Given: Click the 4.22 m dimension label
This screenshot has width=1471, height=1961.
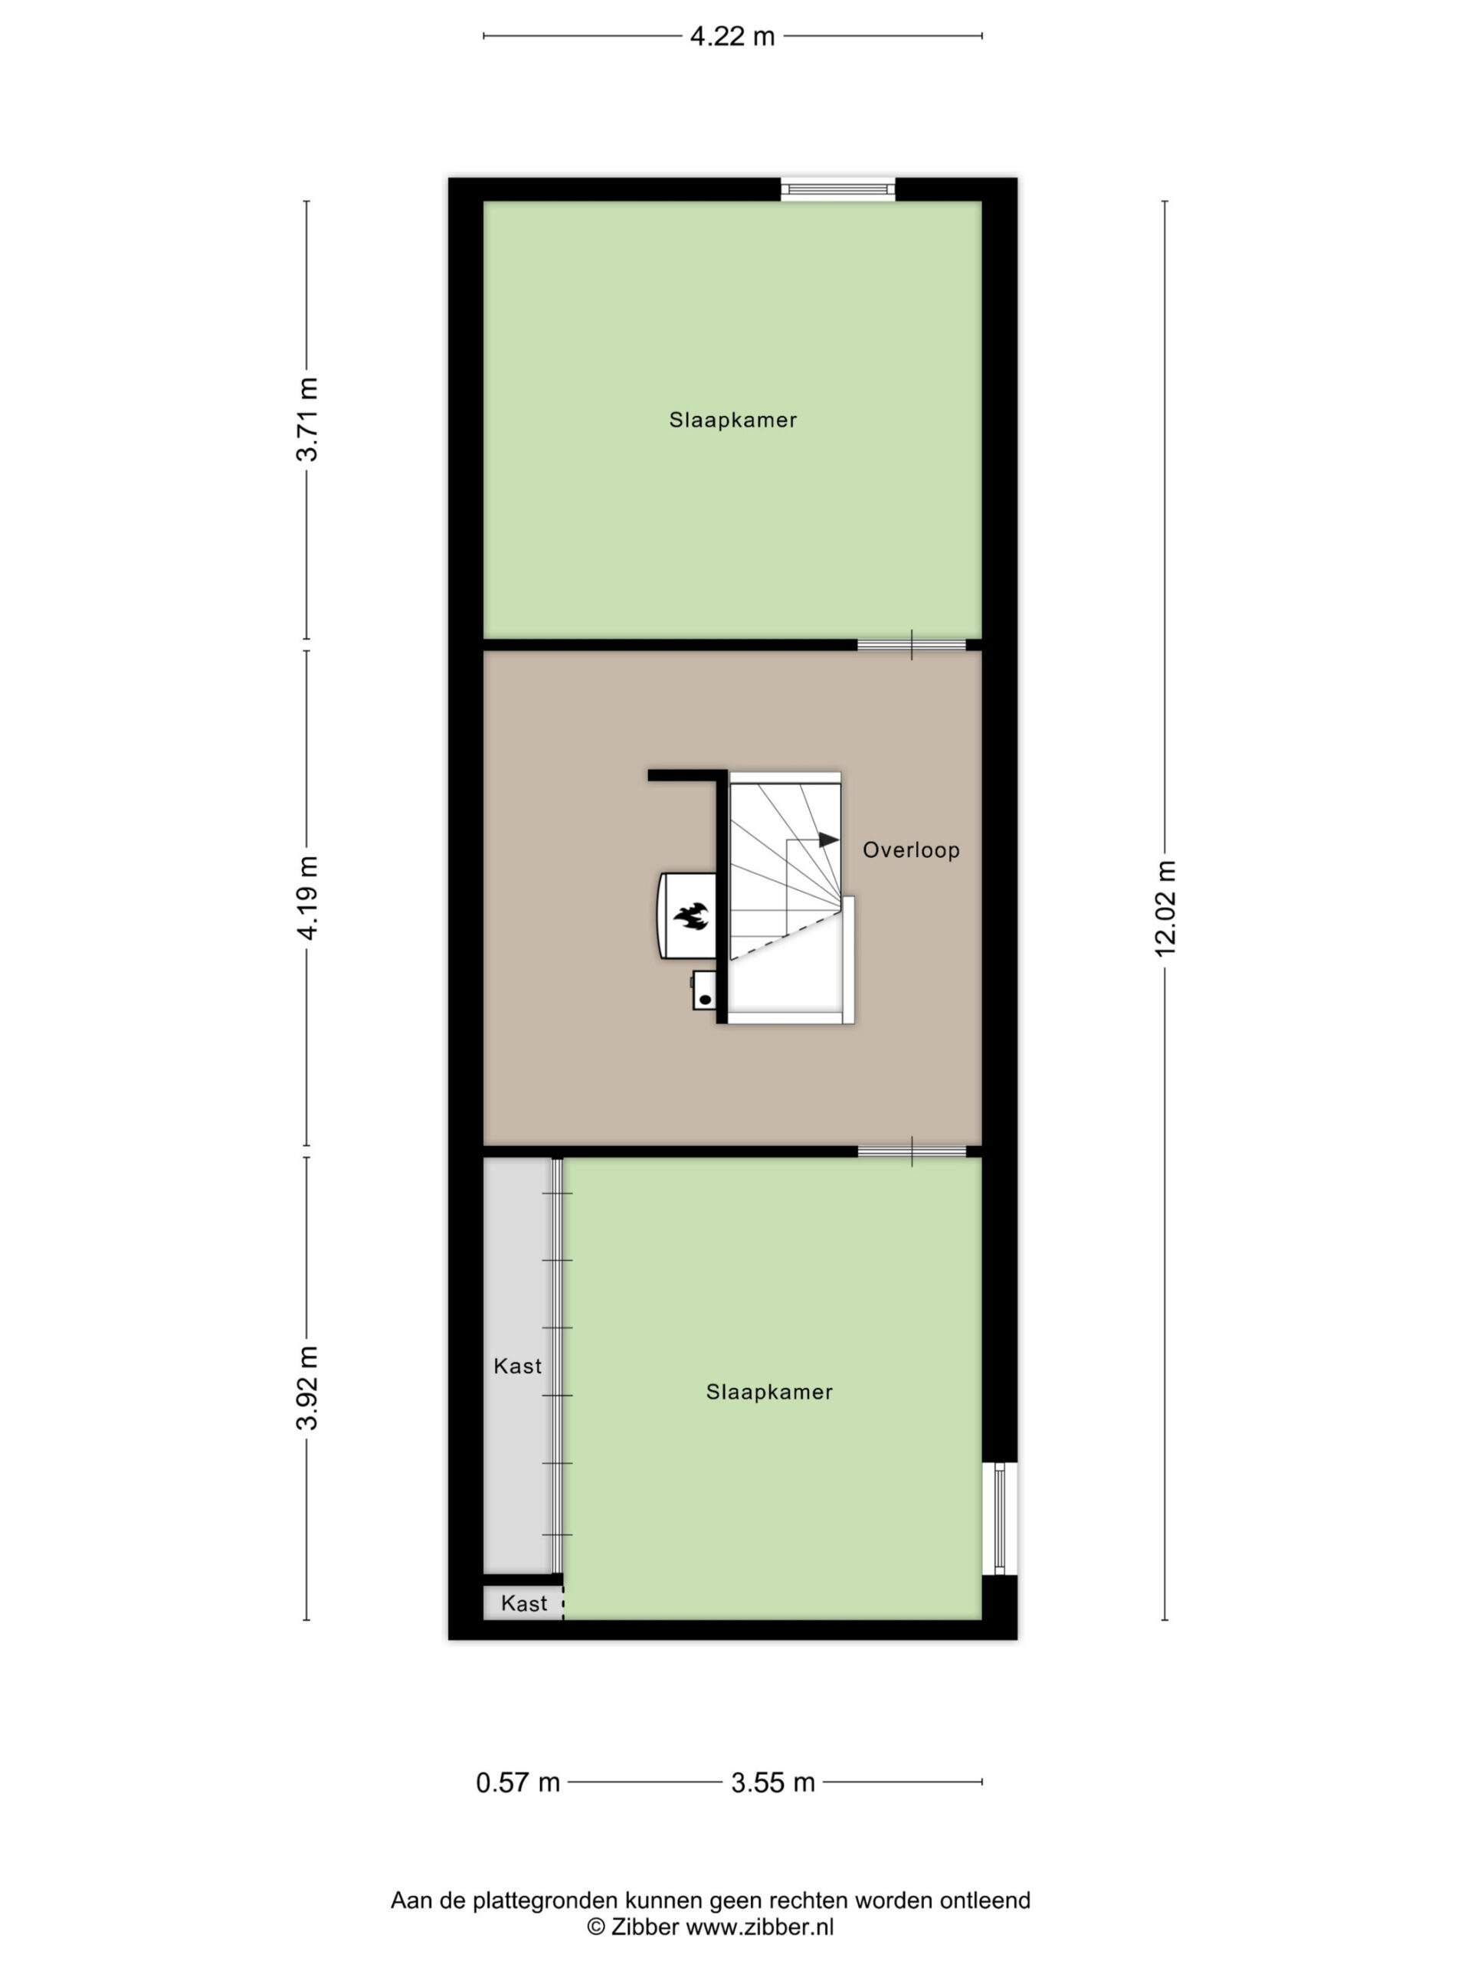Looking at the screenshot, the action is [732, 36].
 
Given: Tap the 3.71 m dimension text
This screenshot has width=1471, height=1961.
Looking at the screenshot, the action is [306, 419].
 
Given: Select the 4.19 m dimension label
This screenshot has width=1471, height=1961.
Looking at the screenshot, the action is [306, 898].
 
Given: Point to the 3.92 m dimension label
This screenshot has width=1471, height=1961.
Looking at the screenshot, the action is [306, 1387].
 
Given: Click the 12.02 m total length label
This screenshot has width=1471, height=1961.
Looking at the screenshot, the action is [1165, 908].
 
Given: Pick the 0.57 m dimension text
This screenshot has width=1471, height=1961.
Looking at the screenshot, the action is [518, 1782].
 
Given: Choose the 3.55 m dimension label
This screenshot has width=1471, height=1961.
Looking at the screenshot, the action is [772, 1782].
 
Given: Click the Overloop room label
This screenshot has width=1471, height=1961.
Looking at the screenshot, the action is [911, 850].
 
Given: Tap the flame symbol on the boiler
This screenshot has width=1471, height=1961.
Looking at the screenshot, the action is [690, 917].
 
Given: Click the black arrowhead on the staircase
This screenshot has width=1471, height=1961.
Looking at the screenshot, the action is [828, 840].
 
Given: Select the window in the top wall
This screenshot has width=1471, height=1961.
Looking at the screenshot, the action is [837, 189].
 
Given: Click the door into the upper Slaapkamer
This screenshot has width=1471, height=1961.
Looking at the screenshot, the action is [912, 644].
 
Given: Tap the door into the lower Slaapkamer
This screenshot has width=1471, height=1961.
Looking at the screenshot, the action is [912, 1151].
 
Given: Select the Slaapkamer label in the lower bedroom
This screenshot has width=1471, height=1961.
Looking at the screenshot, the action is [768, 1392].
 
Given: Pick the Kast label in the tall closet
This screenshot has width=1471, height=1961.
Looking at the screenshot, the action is [517, 1366].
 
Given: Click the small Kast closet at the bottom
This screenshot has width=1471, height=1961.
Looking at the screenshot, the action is [523, 1603].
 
